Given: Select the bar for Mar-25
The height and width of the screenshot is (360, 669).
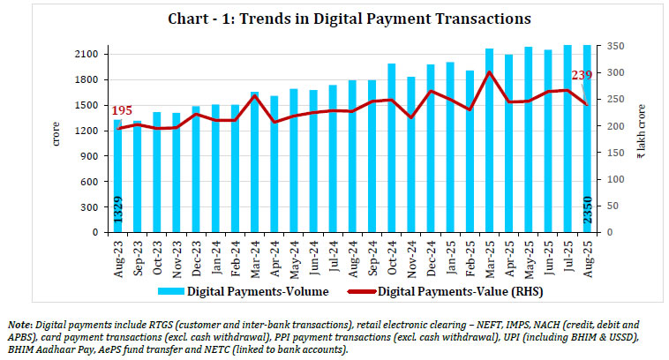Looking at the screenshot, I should pos(490,141).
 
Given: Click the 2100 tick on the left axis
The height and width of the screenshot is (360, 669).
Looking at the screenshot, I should pos(88,55).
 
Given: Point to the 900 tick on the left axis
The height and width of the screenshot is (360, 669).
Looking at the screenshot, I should pos(92,157).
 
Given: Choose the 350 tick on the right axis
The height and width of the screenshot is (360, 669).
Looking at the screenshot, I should pos(608,46).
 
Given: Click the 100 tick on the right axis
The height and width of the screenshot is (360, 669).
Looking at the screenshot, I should pos(608,179).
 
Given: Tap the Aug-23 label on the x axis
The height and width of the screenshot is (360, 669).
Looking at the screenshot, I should pos(118,256).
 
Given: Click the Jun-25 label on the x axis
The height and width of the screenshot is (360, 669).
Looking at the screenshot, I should pos(547,256).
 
